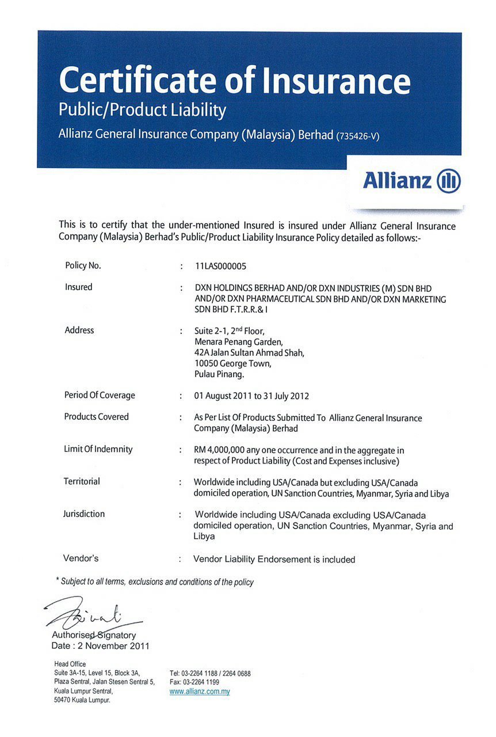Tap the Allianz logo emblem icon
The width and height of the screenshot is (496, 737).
(449, 181)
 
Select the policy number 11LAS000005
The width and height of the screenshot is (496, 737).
(224, 266)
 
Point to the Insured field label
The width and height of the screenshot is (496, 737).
(78, 287)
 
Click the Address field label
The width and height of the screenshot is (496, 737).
(79, 330)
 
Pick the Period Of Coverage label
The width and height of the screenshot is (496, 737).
(100, 395)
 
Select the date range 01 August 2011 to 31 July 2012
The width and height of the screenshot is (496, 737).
(252, 396)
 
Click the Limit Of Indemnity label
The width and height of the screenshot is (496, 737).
(98, 449)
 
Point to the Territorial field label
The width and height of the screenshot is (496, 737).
(82, 481)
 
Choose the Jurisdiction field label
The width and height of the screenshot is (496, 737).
(84, 514)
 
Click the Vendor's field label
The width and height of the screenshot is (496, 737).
(81, 558)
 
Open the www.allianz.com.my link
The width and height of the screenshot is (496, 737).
(200, 692)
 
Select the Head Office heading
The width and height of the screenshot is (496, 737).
(70, 664)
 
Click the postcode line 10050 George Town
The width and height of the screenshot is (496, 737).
(232, 364)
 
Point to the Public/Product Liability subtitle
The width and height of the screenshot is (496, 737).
(142, 110)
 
